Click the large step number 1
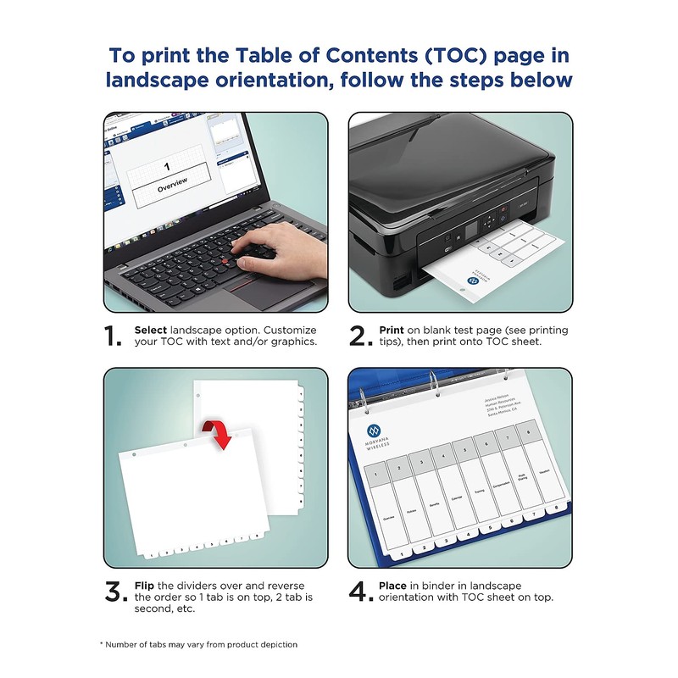point(114,336)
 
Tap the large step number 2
point(361,336)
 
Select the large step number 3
point(116,592)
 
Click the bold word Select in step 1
point(151,330)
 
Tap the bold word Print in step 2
point(393,330)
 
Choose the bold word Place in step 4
point(395,586)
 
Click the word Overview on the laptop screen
point(173,181)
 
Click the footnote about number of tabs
point(199,644)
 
